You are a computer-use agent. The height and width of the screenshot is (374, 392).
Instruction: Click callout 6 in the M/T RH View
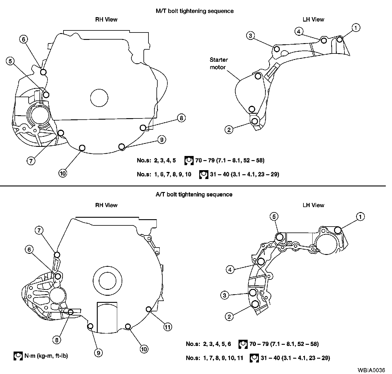(24, 39)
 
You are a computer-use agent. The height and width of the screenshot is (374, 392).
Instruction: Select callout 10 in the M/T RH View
(63, 173)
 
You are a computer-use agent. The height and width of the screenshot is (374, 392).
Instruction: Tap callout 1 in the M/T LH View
(356, 28)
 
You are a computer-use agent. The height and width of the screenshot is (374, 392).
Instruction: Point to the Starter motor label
(219, 63)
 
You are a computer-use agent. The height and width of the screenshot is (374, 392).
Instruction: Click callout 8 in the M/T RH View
(181, 118)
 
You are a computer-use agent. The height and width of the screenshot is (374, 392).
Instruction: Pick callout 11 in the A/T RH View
(167, 327)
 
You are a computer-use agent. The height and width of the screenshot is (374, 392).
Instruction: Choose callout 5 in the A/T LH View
(274, 217)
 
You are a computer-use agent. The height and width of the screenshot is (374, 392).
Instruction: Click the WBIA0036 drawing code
(371, 370)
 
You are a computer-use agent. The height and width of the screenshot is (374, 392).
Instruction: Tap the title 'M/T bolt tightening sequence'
(195, 11)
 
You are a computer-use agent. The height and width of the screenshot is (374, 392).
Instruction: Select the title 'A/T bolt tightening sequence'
(194, 194)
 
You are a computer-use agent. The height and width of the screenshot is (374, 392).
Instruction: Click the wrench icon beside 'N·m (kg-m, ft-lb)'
(18, 356)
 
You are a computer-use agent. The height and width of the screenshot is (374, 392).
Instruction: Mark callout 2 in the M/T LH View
(229, 129)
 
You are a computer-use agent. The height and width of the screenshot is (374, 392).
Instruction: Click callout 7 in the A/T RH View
(39, 230)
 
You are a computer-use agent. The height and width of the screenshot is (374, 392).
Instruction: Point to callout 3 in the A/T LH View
(225, 295)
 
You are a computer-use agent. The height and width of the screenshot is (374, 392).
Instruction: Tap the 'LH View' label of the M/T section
(313, 19)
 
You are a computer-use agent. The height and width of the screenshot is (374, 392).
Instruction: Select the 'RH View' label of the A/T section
(106, 205)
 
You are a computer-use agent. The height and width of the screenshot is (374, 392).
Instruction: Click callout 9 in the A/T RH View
(99, 352)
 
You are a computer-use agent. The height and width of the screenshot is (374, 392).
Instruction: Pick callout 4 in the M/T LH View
(299, 31)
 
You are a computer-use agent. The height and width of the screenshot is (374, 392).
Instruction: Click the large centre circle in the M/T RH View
(99, 98)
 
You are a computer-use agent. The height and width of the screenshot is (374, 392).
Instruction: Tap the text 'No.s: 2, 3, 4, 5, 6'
(208, 344)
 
